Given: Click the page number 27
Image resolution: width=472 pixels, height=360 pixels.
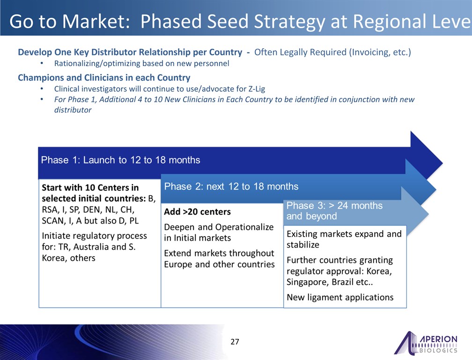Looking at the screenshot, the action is (235, 342).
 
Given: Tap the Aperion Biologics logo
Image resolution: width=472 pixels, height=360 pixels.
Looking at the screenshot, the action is (426, 343).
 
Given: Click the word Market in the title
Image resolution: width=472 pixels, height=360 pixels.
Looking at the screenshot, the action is (96, 22).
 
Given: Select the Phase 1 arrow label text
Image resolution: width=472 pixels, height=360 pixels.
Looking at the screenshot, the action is (120, 160).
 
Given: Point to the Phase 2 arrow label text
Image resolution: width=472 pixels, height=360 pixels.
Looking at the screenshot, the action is (231, 187).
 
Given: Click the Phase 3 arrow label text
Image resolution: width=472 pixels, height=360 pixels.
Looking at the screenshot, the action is (334, 210).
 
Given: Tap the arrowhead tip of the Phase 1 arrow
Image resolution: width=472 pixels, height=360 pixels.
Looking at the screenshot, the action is (442, 164).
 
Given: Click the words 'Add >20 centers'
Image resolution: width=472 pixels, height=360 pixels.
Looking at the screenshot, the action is (198, 212).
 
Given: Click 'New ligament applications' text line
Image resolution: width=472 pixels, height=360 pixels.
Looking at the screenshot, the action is (340, 297).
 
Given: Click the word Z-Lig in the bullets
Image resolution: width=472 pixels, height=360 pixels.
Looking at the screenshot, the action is (257, 89).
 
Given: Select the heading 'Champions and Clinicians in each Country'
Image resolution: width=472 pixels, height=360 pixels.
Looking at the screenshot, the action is (104, 77).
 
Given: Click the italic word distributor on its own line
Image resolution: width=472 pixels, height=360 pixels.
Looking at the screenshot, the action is (73, 110).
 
